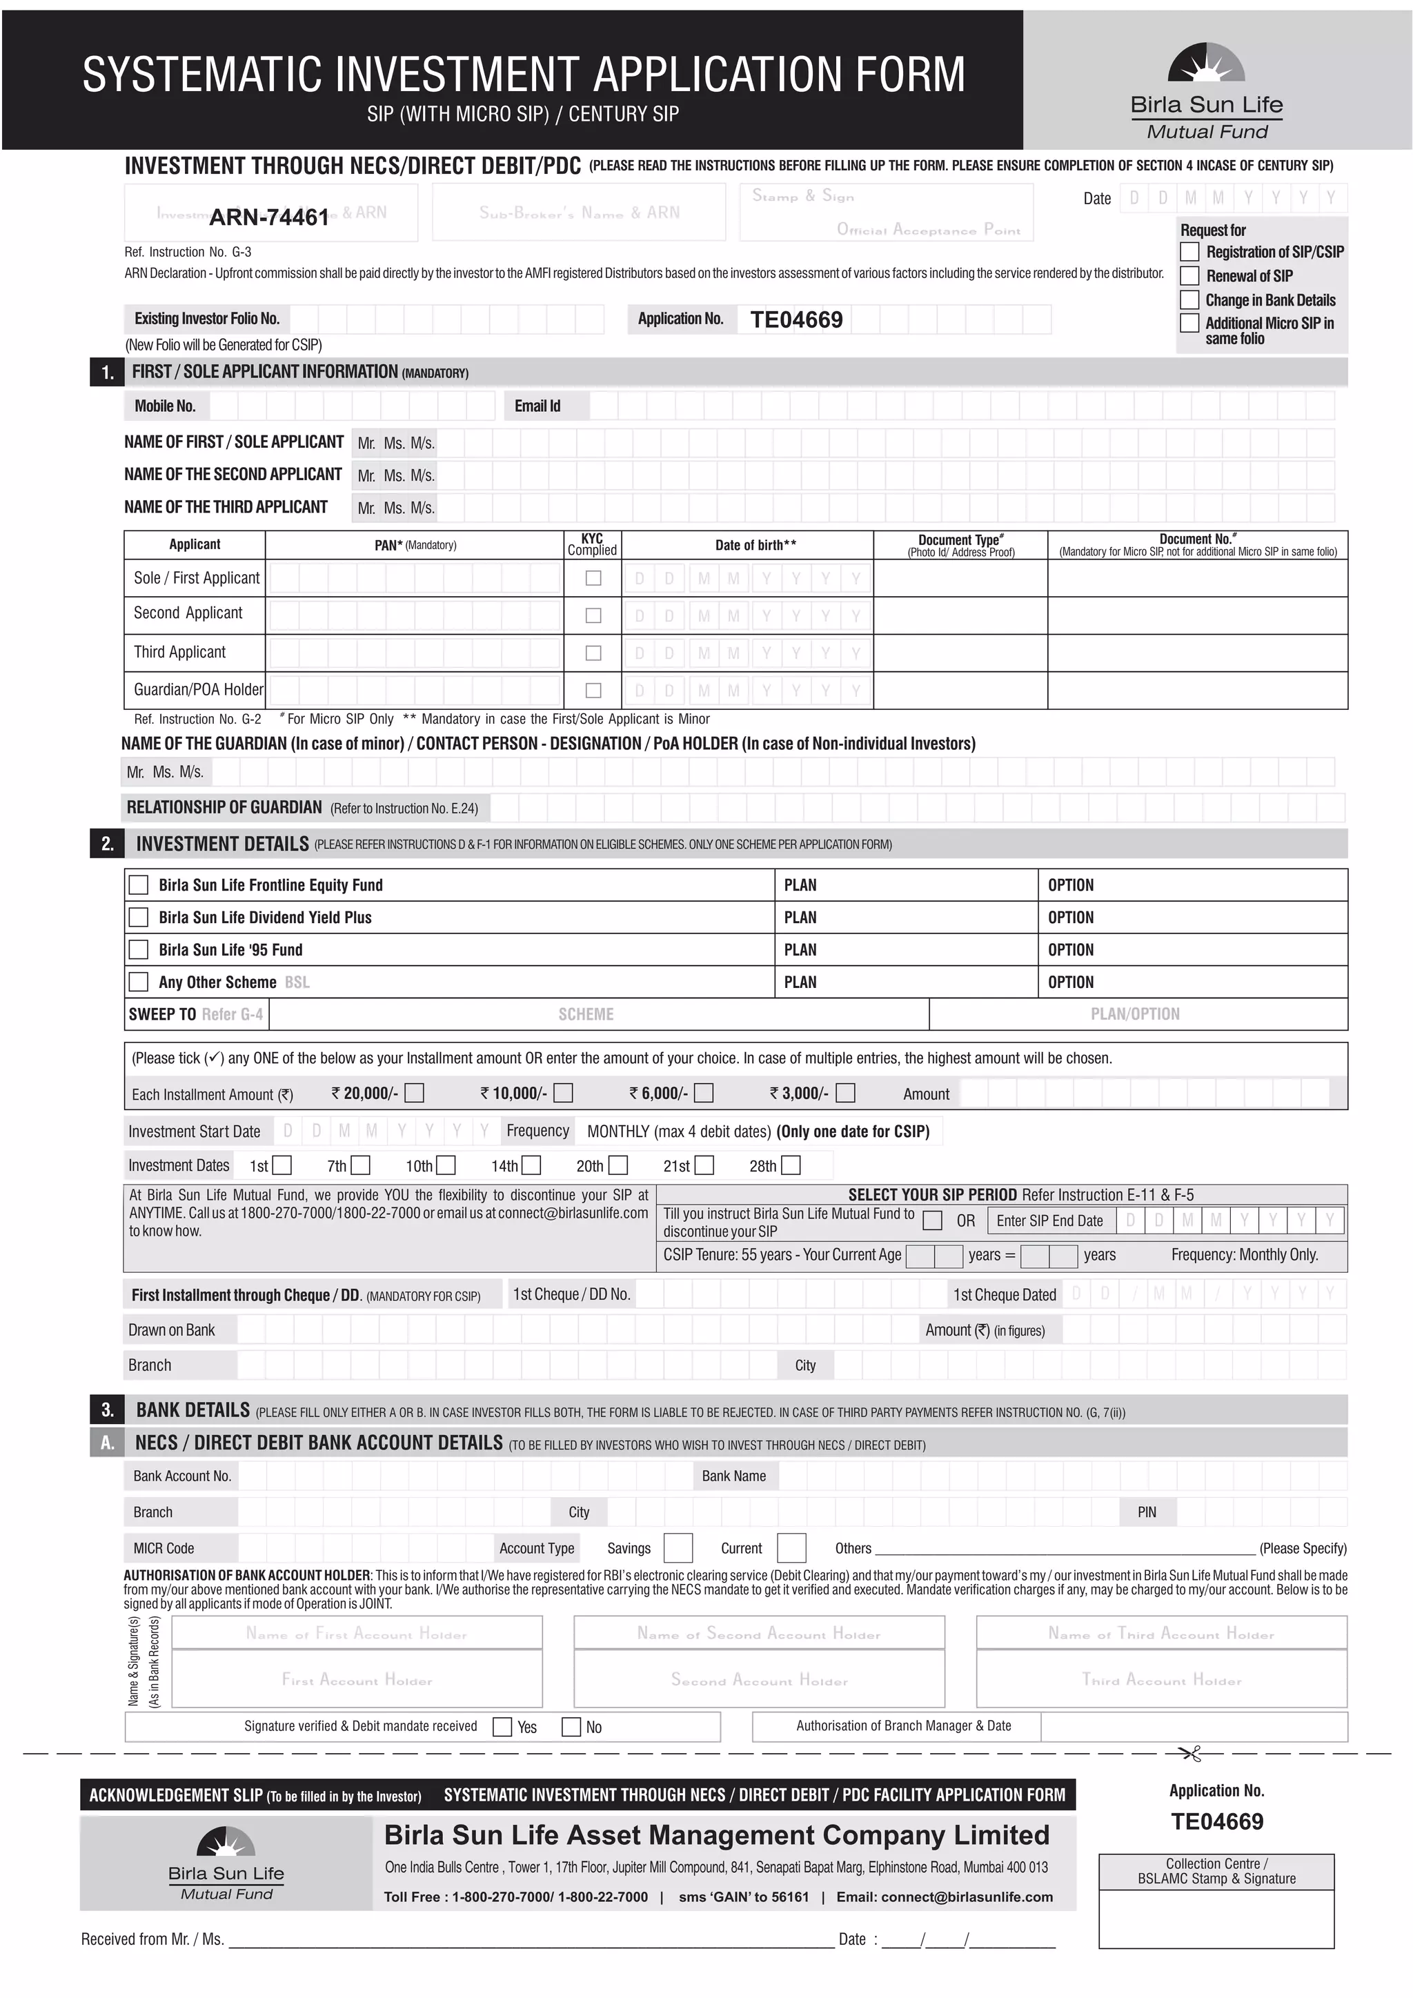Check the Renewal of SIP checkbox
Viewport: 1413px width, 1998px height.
(x=1189, y=276)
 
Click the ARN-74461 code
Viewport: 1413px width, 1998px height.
(x=269, y=217)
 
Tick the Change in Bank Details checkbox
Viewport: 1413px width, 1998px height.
(x=1189, y=300)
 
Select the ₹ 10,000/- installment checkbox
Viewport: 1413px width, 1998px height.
(x=564, y=1092)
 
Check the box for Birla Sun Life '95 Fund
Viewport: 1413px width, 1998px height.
(x=139, y=949)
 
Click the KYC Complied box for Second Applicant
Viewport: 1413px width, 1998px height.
(x=593, y=615)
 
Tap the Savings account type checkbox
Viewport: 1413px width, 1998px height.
(x=678, y=1548)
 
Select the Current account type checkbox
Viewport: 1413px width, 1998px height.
(x=791, y=1548)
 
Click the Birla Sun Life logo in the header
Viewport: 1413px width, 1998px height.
(x=1206, y=90)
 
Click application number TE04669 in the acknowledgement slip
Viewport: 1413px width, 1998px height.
(x=1216, y=1821)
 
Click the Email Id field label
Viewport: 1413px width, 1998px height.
(x=537, y=406)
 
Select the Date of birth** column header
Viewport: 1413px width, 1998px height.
(x=755, y=545)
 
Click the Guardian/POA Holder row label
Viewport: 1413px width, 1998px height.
(x=197, y=690)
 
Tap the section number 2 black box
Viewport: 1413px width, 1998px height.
(x=108, y=844)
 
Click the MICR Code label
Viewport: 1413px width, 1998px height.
(x=164, y=1548)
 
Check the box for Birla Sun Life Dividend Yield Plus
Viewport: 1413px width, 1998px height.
(x=139, y=917)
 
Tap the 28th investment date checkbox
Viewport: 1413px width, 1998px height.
(x=790, y=1165)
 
